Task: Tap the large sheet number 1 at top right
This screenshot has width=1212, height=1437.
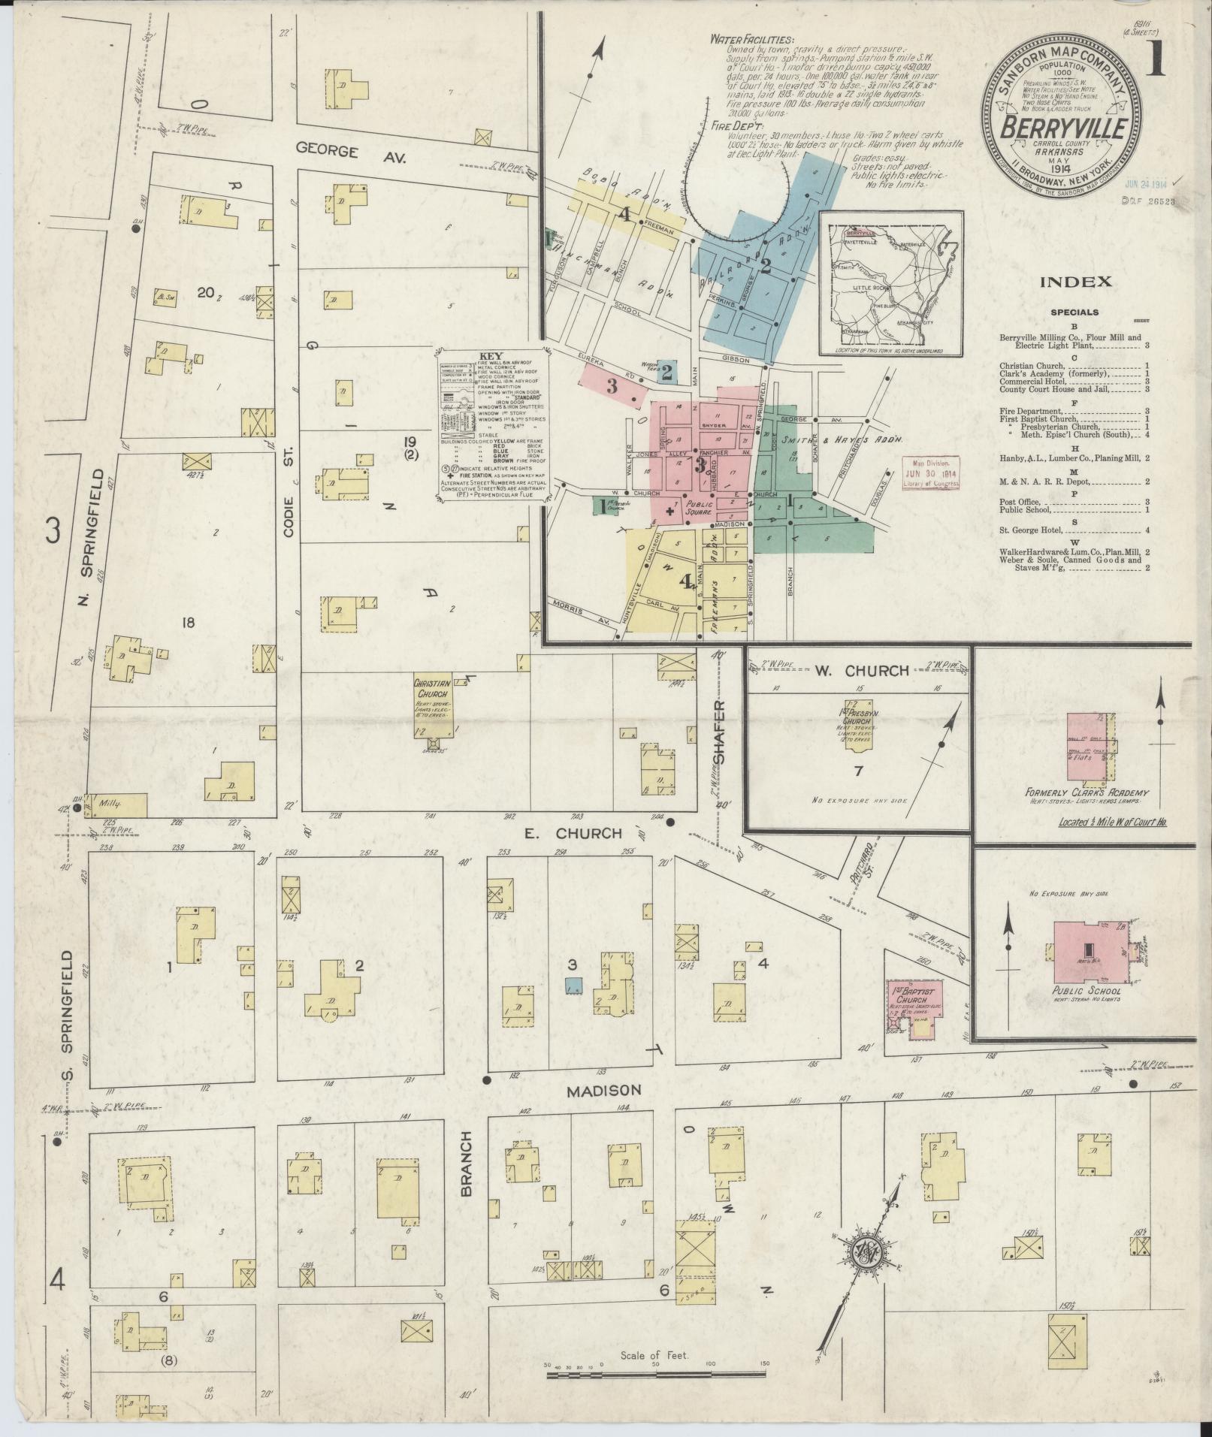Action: [x=1156, y=58]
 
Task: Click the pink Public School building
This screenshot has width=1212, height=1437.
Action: [x=1088, y=952]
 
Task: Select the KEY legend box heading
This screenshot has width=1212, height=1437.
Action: [x=493, y=357]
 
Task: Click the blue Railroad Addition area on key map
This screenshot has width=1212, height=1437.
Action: [x=759, y=263]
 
